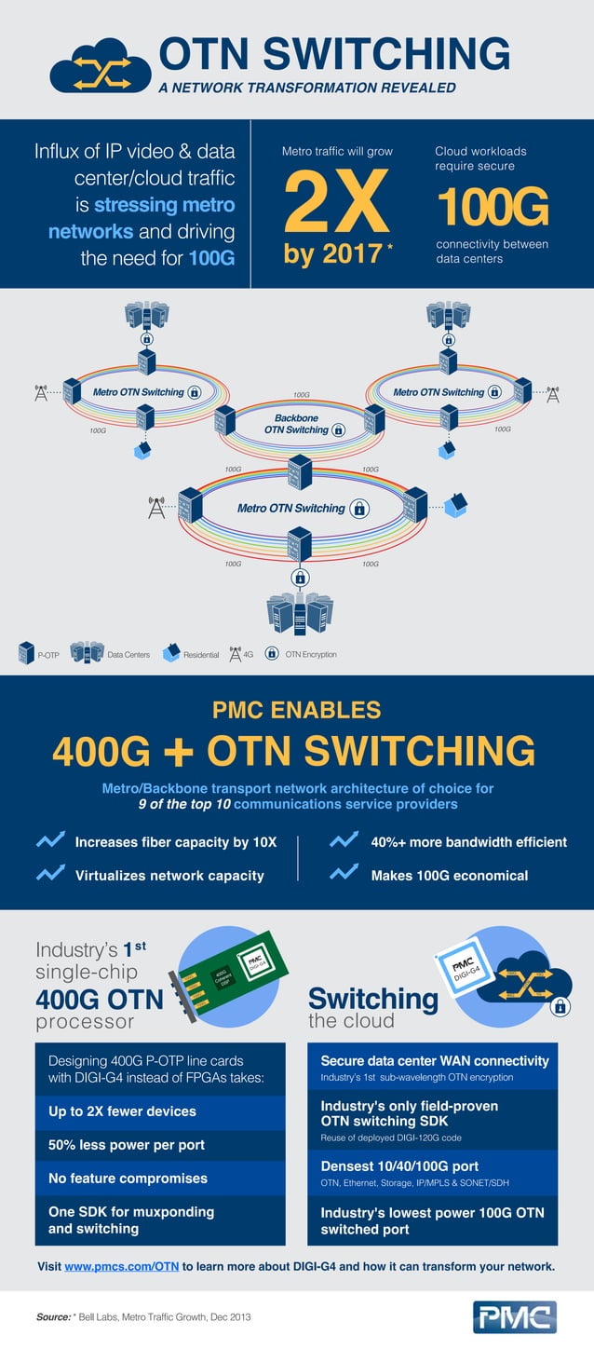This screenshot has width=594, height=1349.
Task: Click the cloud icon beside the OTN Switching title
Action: coord(101,65)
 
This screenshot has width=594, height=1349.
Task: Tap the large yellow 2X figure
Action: coord(335,203)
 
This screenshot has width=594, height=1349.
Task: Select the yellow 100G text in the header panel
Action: coord(492,207)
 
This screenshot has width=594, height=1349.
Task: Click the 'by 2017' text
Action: coord(332,253)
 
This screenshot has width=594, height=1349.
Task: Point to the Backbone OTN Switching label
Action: coord(296,424)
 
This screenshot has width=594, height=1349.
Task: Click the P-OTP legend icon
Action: coord(26,653)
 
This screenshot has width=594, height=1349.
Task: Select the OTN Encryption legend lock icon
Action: coord(272,653)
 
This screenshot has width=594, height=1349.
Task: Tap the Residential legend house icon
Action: coord(170,653)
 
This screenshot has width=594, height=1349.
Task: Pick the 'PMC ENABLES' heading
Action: coord(297,710)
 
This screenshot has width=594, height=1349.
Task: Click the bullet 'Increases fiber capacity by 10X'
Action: coord(175,842)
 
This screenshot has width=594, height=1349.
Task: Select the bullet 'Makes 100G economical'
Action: coord(449,875)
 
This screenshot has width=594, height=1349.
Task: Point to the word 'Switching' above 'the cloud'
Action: coord(372,999)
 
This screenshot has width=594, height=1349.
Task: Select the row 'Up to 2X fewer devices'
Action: coord(122,1111)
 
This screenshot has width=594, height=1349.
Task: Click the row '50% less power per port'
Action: coord(127,1145)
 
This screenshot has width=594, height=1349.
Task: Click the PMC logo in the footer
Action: coord(515,1317)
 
